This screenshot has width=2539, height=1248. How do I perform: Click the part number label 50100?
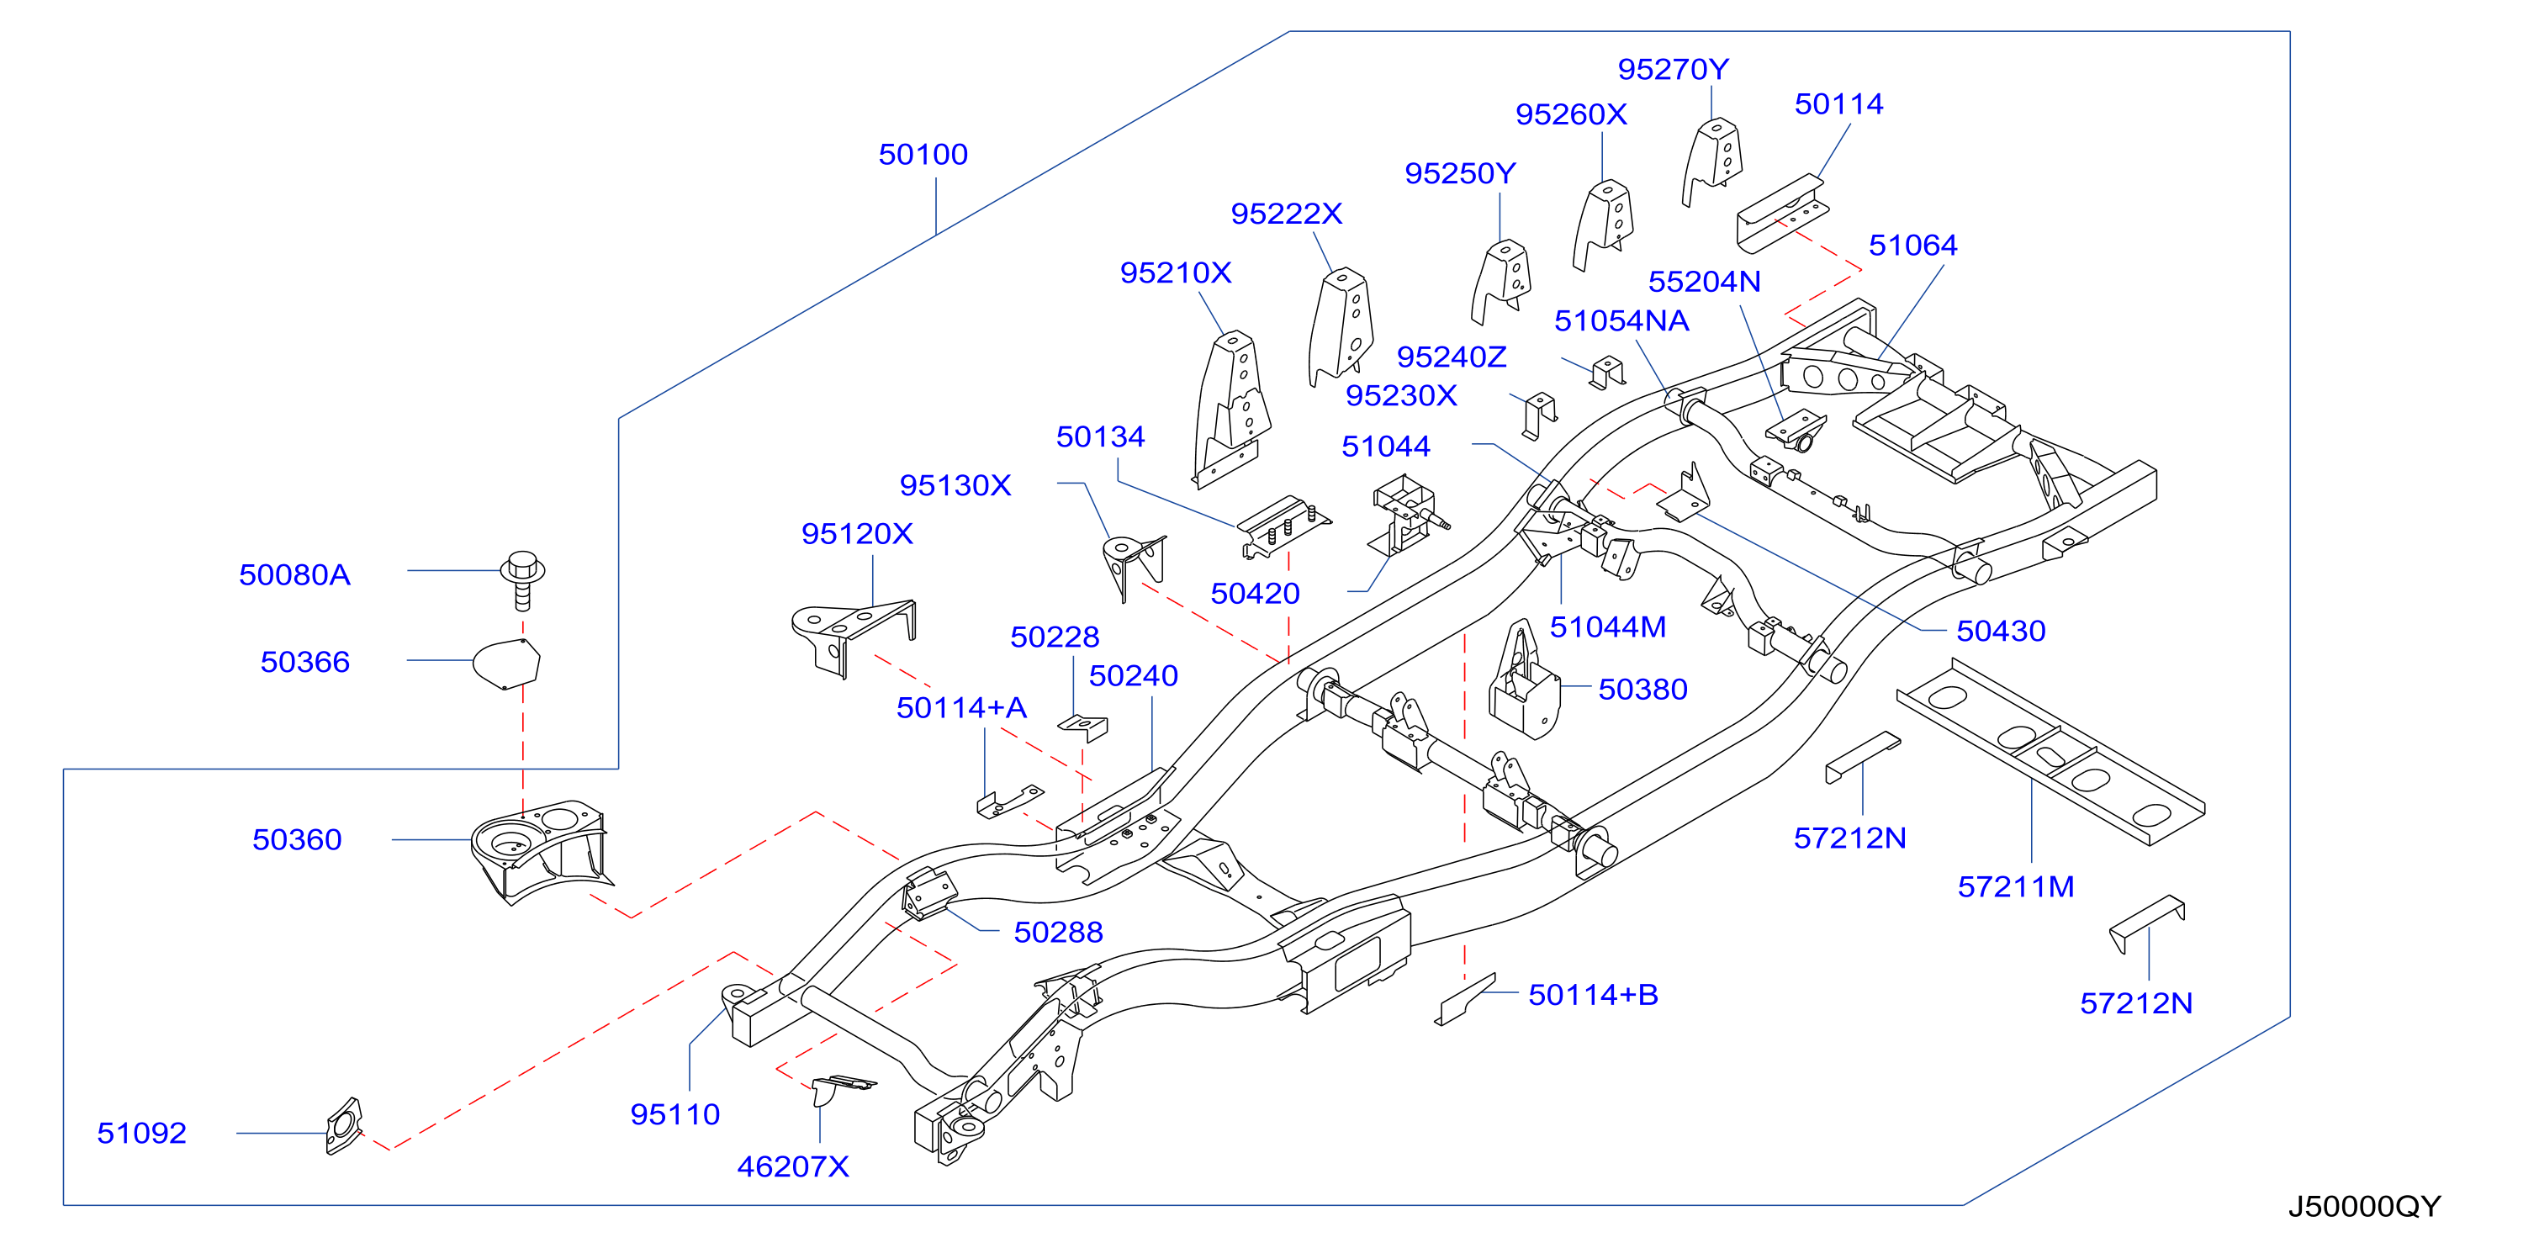pyautogui.click(x=923, y=155)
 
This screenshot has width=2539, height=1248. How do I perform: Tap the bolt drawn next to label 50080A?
pyautogui.click(x=522, y=579)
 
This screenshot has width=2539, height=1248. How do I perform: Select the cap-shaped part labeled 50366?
pyautogui.click(x=506, y=663)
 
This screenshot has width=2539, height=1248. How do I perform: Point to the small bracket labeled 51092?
pyautogui.click(x=345, y=1126)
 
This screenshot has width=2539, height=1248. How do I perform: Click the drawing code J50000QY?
pyautogui.click(x=2363, y=1207)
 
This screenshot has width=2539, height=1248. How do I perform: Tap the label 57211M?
pyautogui.click(x=2016, y=887)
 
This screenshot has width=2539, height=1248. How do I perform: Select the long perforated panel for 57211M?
pyautogui.click(x=2051, y=751)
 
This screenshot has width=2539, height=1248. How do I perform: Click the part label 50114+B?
pyautogui.click(x=1593, y=996)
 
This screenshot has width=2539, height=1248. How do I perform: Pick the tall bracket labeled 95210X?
pyautogui.click(x=1232, y=409)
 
